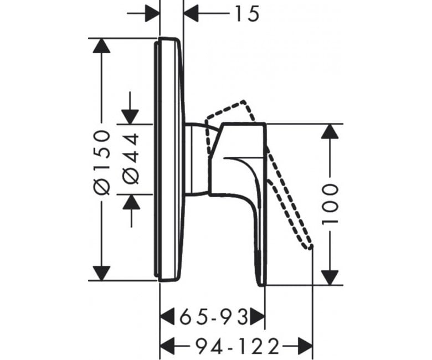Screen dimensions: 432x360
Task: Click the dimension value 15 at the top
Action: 247,14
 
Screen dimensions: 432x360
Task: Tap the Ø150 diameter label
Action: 102,162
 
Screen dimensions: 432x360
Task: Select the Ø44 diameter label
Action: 130,158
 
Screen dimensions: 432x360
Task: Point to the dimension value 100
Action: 330,204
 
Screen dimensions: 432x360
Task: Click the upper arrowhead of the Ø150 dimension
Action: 102,45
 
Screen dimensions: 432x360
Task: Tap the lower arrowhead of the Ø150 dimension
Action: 102,273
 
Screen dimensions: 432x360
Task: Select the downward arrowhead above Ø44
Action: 130,117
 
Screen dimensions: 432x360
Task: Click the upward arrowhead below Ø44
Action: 131,202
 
